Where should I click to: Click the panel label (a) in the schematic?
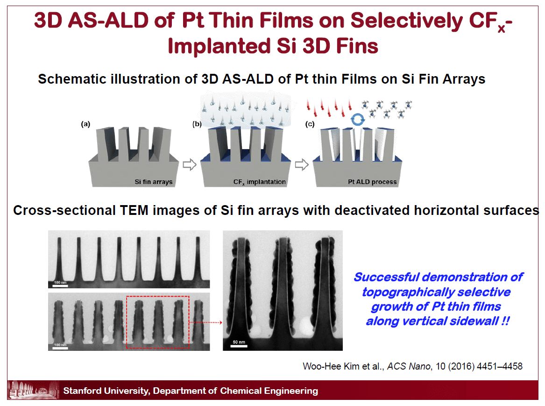85,125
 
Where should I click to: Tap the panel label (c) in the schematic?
309,125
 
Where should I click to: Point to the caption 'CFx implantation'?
260,182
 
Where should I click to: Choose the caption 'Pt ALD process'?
372,182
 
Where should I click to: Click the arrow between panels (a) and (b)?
189,165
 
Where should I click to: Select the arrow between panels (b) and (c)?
302,165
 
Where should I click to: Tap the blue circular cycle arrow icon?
358,119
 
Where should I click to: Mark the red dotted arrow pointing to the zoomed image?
205,322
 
